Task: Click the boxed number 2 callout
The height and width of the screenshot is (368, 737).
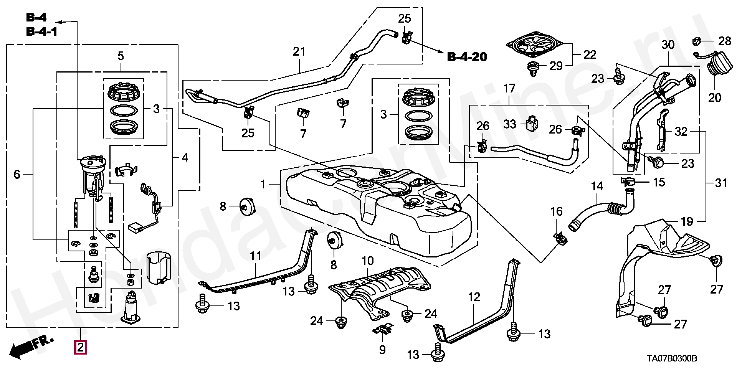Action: pyautogui.click(x=81, y=347)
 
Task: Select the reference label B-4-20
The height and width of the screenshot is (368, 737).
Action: pyautogui.click(x=467, y=57)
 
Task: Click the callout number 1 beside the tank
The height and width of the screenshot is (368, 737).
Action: pyautogui.click(x=263, y=185)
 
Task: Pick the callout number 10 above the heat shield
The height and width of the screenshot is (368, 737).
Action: pyautogui.click(x=367, y=261)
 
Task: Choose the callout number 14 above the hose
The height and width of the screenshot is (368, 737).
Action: pyautogui.click(x=597, y=186)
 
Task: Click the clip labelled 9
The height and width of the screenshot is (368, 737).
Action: pyautogui.click(x=383, y=329)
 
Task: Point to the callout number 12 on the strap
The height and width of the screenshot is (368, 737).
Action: pyautogui.click(x=474, y=297)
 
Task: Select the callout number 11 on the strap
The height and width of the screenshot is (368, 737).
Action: pyautogui.click(x=256, y=256)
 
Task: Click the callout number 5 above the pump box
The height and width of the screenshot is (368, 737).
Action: pyautogui.click(x=121, y=56)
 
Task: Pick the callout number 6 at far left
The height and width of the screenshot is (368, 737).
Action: pyautogui.click(x=17, y=175)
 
